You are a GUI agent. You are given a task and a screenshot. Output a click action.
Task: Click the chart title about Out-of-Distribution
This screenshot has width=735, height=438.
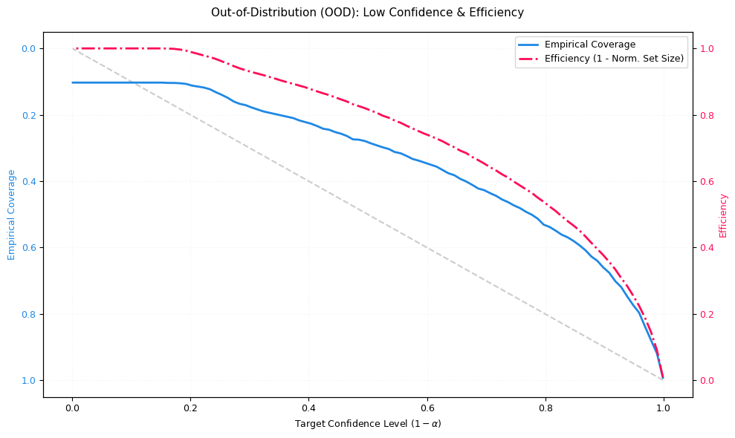367,13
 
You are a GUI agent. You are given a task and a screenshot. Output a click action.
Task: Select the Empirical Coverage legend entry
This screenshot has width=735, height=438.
589,45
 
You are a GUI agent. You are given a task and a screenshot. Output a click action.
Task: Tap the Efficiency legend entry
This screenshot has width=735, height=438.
614,58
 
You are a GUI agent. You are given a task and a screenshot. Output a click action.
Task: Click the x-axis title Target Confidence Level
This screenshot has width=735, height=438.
367,424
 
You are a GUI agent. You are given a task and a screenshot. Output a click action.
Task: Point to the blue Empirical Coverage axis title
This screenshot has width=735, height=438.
11,215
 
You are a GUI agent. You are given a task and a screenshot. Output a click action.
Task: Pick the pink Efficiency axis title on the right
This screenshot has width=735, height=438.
723,215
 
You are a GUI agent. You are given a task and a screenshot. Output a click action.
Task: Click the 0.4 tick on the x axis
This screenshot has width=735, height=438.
308,407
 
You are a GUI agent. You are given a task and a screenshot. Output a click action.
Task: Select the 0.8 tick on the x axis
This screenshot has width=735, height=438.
545,407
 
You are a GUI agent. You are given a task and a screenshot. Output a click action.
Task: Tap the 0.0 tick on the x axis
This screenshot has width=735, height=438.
72,407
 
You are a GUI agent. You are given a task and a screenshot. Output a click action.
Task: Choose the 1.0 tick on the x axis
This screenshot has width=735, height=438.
664,407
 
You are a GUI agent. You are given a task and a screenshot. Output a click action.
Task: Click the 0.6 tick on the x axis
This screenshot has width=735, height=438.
427,407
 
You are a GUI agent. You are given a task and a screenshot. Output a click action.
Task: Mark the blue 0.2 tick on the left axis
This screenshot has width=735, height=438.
29,115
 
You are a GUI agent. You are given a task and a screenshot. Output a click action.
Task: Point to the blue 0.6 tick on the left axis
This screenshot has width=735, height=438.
29,248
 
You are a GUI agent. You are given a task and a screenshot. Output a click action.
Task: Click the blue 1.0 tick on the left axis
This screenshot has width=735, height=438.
29,381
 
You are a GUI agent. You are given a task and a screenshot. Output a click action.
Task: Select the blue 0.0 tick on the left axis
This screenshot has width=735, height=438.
29,49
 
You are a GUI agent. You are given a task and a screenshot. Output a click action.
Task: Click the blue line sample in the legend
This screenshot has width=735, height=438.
529,45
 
